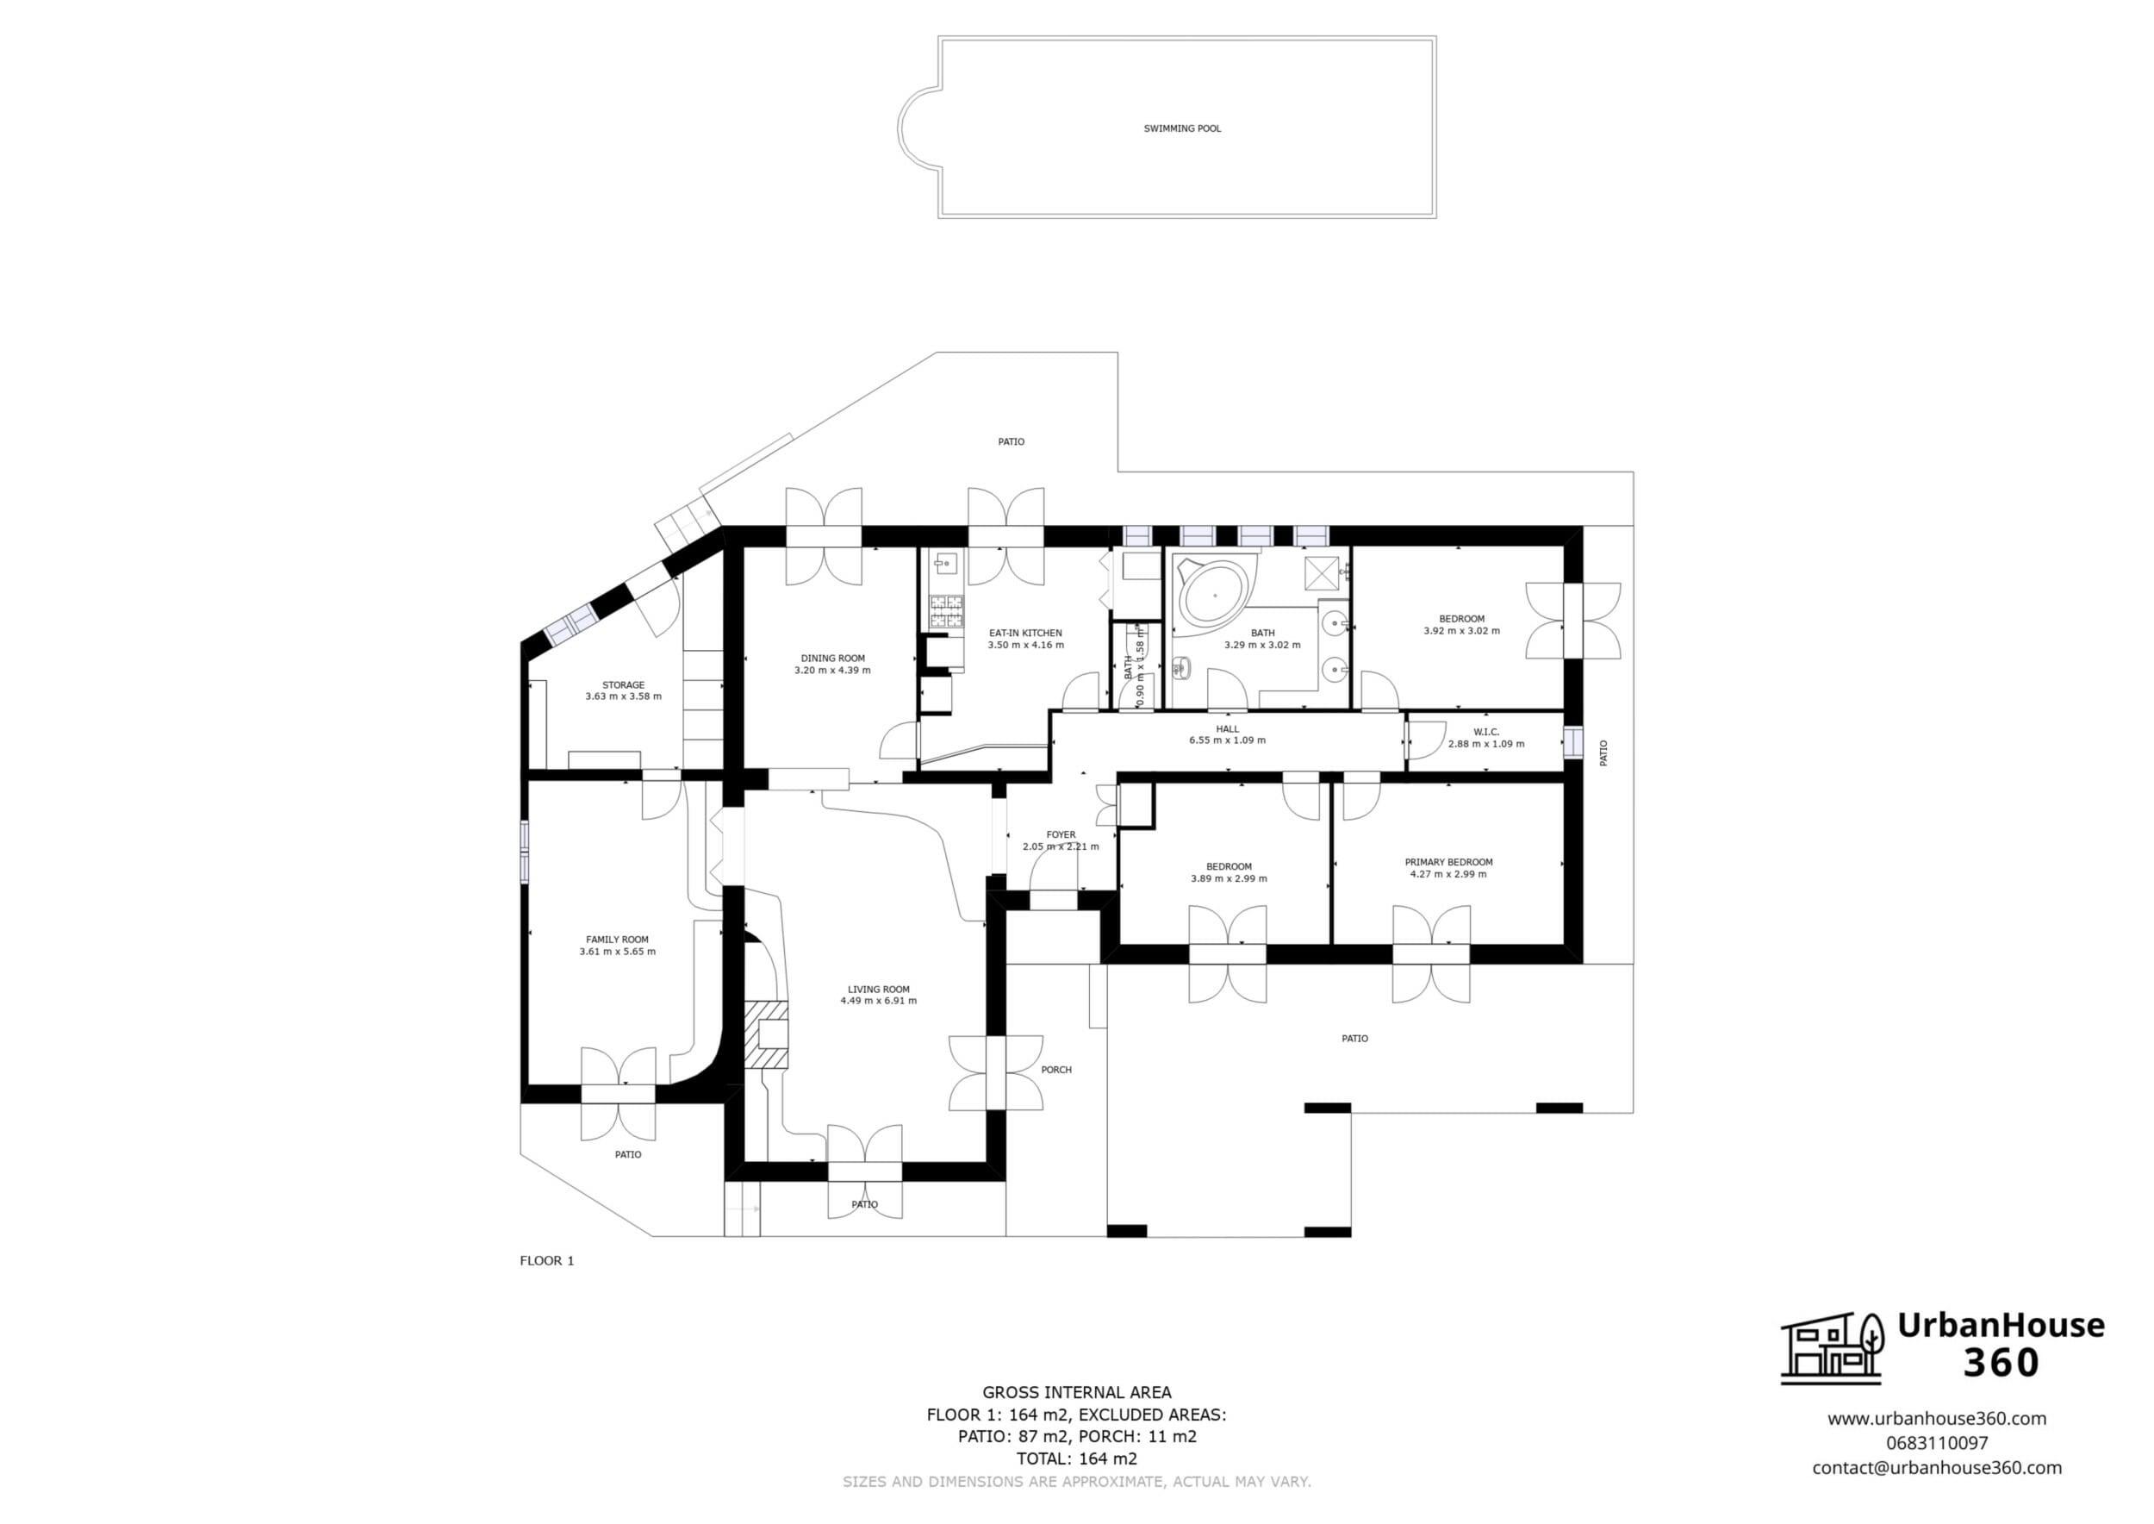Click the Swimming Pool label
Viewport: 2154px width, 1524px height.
pyautogui.click(x=1182, y=128)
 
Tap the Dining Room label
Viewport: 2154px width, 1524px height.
pyautogui.click(x=833, y=659)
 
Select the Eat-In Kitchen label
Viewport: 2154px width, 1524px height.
pyautogui.click(x=1025, y=634)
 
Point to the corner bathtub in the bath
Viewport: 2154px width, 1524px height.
pyautogui.click(x=1214, y=595)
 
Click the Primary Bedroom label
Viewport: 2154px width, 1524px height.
pyautogui.click(x=1448, y=862)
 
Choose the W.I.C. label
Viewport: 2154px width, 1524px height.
pyautogui.click(x=1486, y=732)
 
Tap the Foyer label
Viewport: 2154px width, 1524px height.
pyautogui.click(x=1061, y=835)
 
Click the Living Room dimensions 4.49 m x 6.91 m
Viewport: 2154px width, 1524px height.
pyautogui.click(x=879, y=1002)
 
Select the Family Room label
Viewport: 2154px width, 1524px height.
pyautogui.click(x=617, y=940)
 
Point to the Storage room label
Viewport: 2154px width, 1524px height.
pyautogui.click(x=624, y=685)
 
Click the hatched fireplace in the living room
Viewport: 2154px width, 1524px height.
pyautogui.click(x=767, y=1035)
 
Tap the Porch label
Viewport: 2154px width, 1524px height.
pyautogui.click(x=1056, y=1070)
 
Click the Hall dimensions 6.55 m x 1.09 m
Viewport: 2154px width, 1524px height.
pyautogui.click(x=1227, y=740)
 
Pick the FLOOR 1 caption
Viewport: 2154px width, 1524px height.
pyautogui.click(x=547, y=1260)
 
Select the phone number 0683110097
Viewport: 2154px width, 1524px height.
pyautogui.click(x=1936, y=1443)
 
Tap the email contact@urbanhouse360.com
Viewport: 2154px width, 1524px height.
pyautogui.click(x=1936, y=1468)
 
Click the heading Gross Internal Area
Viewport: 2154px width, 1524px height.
pyautogui.click(x=1077, y=1393)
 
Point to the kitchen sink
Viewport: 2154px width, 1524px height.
pyautogui.click(x=943, y=564)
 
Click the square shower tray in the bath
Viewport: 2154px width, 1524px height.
pyautogui.click(x=1322, y=571)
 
